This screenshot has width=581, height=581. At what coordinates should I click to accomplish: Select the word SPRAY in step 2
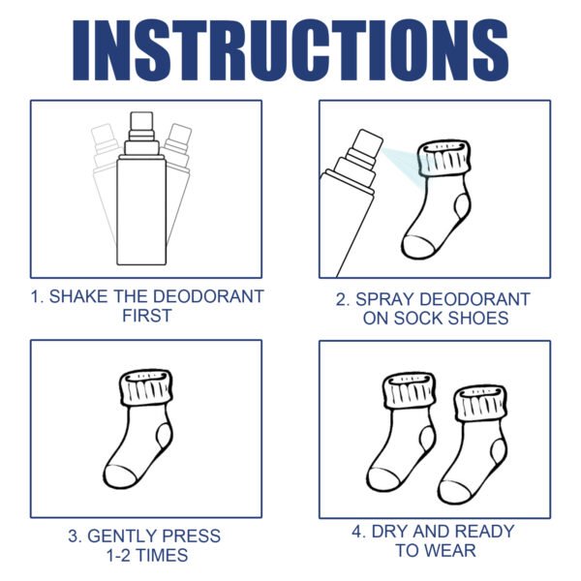tap(385, 299)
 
